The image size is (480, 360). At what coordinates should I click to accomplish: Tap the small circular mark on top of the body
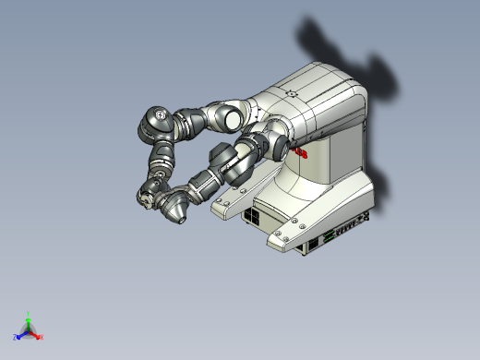click(293, 92)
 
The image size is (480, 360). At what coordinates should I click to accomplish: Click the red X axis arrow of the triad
click(37, 335)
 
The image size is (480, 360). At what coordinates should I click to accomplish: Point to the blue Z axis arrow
click(20, 334)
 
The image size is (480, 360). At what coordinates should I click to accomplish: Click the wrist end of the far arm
click(147, 195)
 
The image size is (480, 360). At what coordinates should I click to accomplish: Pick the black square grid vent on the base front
click(251, 217)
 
